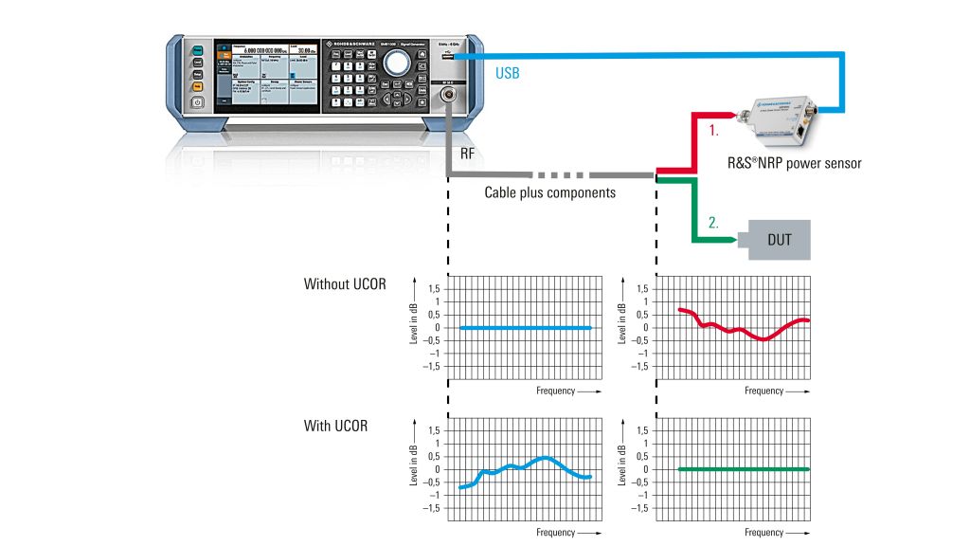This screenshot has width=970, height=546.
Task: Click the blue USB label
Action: (x=508, y=73)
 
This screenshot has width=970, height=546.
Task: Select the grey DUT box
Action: (x=779, y=240)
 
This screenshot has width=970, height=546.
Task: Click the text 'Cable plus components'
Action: (x=550, y=192)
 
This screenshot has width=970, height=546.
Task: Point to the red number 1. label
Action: (x=713, y=134)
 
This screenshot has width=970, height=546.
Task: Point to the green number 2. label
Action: (x=712, y=225)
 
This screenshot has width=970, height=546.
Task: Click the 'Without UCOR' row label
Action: (x=345, y=283)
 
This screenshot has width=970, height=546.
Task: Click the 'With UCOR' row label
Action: (x=336, y=426)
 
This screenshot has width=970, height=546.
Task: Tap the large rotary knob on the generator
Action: (x=398, y=64)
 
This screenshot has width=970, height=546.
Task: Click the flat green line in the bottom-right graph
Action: (x=744, y=468)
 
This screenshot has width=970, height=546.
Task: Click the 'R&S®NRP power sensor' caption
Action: (x=802, y=163)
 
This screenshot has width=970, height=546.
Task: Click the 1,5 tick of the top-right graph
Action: (x=643, y=288)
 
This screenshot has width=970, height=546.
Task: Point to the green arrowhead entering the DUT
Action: (x=735, y=241)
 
